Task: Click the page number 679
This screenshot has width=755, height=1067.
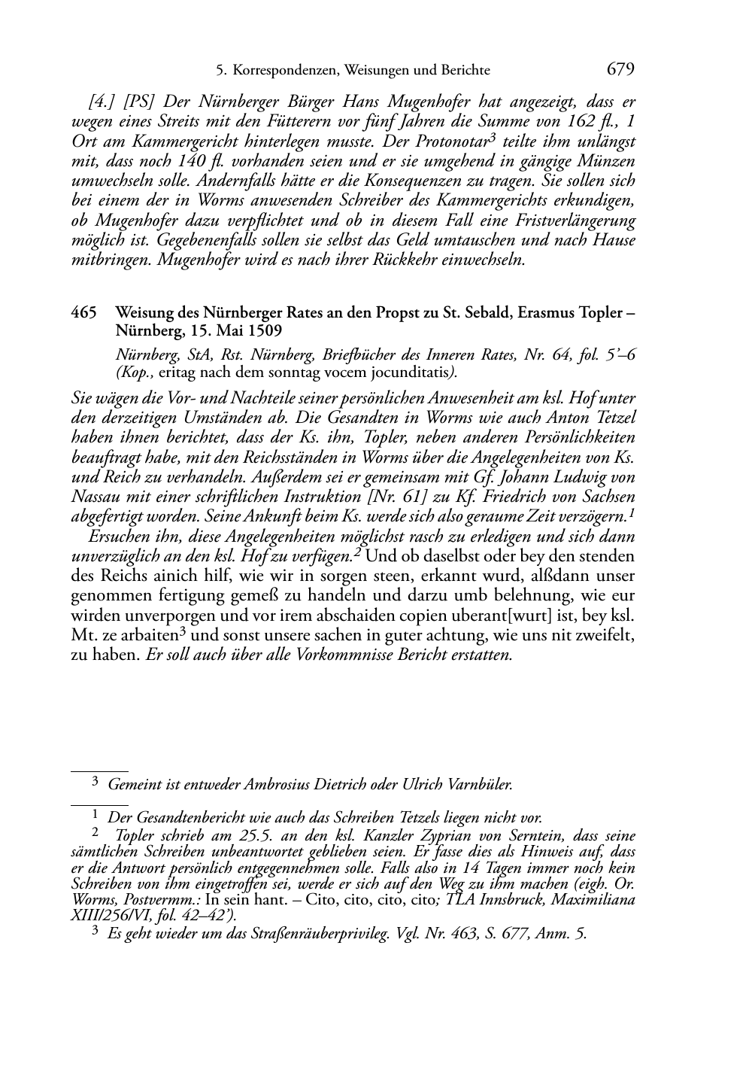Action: pyautogui.click(x=620, y=70)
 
